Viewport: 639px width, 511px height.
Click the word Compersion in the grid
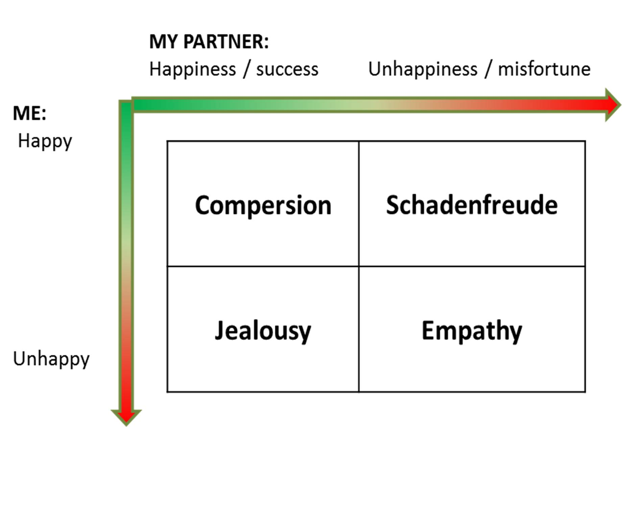(x=263, y=205)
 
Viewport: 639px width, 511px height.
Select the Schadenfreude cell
(x=472, y=205)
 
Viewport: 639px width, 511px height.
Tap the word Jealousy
(x=263, y=331)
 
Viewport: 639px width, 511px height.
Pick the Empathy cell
(x=472, y=331)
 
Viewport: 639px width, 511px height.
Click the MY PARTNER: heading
(x=209, y=42)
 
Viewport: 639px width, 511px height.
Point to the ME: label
(x=29, y=113)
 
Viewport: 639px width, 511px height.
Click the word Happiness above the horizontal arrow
(x=192, y=70)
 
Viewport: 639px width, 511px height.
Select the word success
(x=287, y=70)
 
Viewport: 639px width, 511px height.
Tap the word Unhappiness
(x=423, y=70)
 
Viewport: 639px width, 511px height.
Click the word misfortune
(x=544, y=70)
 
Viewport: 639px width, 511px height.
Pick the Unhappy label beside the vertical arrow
(x=51, y=359)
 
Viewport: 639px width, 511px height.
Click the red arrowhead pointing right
(x=612, y=105)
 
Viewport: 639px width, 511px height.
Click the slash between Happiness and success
(x=246, y=70)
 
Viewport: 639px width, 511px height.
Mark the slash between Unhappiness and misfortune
(x=488, y=70)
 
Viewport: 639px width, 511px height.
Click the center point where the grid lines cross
(x=359, y=266)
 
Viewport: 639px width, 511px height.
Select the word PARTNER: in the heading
(x=226, y=42)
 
